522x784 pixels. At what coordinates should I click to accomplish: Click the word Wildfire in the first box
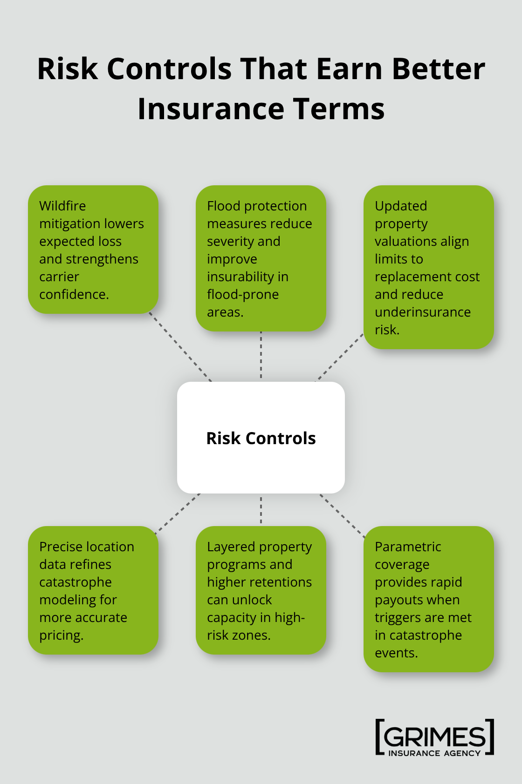click(62, 206)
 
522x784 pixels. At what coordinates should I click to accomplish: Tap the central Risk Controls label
click(261, 438)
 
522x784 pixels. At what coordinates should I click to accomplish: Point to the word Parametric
click(408, 547)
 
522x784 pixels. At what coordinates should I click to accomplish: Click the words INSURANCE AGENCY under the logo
click(434, 753)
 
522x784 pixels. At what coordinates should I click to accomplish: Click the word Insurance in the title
click(211, 109)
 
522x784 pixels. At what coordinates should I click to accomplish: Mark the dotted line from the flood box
click(261, 355)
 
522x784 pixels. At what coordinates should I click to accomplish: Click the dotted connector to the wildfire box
click(180, 347)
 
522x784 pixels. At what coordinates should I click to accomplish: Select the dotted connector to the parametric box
click(343, 515)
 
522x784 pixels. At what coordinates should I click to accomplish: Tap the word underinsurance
click(423, 312)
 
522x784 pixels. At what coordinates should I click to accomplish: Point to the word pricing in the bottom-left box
click(61, 635)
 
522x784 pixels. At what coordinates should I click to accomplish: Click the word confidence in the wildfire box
click(74, 294)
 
